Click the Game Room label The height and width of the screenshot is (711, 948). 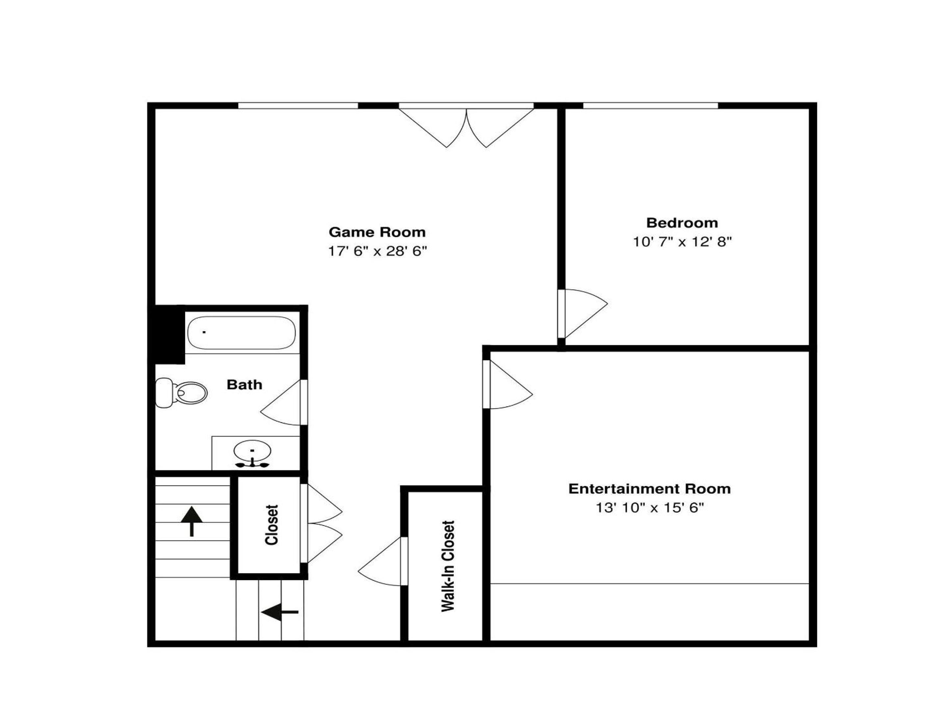pyautogui.click(x=377, y=232)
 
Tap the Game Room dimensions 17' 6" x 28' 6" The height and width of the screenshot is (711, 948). pyautogui.click(x=378, y=251)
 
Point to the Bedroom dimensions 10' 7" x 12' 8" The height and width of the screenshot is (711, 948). pyautogui.click(x=682, y=242)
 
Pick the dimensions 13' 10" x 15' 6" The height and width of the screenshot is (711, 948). pyautogui.click(x=650, y=508)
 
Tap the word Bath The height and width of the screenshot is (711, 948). pyautogui.click(x=244, y=384)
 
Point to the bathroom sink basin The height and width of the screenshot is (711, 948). pyautogui.click(x=252, y=450)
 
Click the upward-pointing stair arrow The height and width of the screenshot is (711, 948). pyautogui.click(x=192, y=521)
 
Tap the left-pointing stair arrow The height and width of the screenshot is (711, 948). pyautogui.click(x=279, y=612)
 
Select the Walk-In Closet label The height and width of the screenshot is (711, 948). pyautogui.click(x=448, y=566)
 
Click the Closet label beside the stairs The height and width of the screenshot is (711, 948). pyautogui.click(x=272, y=525)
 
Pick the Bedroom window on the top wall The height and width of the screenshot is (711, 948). pyautogui.click(x=650, y=105)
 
